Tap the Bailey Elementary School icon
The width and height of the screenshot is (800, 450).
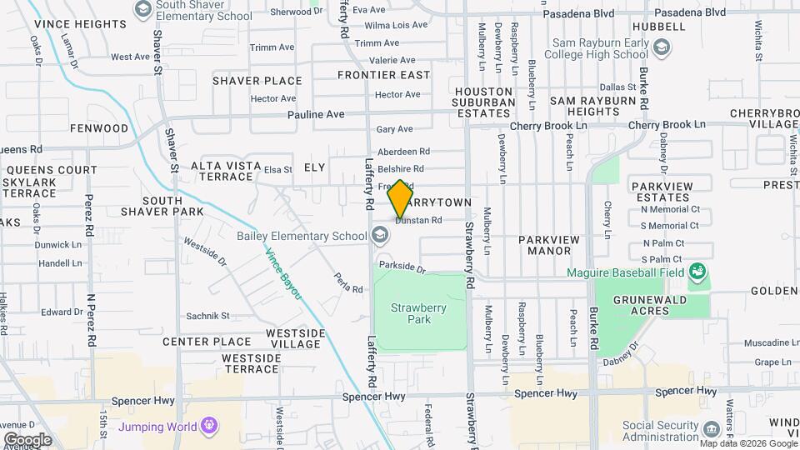click(381, 237)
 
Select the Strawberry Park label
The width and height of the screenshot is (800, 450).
click(418, 313)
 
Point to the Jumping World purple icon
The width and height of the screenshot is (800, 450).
click(208, 427)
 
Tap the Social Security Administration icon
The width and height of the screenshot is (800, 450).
click(710, 431)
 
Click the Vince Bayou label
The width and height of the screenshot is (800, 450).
click(283, 275)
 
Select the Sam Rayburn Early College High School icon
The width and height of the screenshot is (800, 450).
click(661, 48)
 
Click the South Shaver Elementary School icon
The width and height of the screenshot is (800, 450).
click(142, 9)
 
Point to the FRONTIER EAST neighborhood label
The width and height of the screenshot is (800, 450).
click(383, 75)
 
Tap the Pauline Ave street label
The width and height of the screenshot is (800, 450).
click(316, 114)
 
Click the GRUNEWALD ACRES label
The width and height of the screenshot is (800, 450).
click(652, 305)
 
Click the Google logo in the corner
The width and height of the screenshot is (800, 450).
click(27, 439)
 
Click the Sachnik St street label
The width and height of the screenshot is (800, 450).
click(207, 316)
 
